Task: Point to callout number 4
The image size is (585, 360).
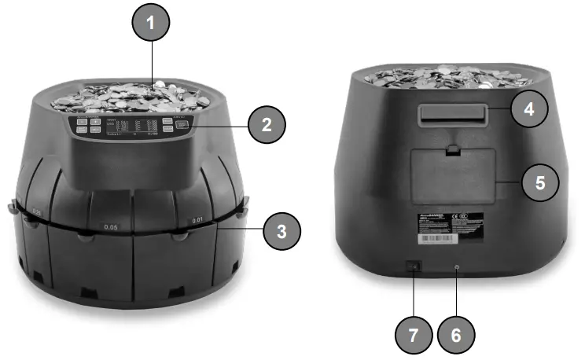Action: point(530,108)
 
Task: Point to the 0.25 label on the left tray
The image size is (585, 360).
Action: point(37,211)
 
